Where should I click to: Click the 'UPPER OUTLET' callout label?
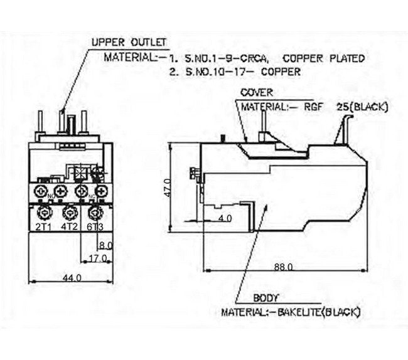click(129, 43)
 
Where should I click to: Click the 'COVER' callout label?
click(257, 93)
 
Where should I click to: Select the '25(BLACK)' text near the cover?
click(362, 107)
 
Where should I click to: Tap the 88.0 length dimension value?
click(283, 267)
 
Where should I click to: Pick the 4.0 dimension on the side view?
click(225, 218)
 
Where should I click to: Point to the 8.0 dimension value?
click(105, 245)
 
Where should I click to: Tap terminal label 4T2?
click(69, 226)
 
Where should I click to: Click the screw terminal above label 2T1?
click(43, 211)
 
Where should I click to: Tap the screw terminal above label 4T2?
click(70, 211)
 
